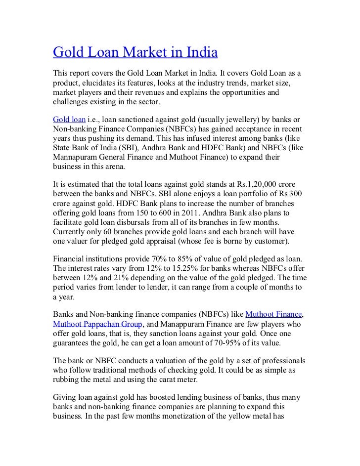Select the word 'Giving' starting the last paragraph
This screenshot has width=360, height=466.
click(65, 396)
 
